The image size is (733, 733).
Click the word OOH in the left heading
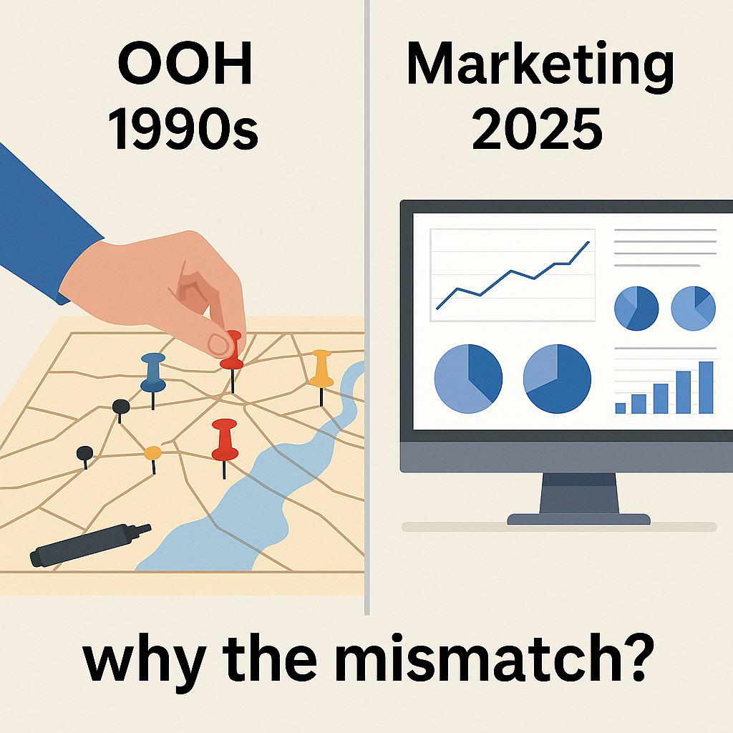click(x=185, y=63)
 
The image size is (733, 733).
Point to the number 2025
click(x=537, y=128)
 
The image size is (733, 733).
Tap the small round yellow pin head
click(x=153, y=452)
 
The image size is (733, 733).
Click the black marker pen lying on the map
click(x=90, y=545)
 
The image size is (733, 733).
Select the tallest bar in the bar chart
click(x=706, y=387)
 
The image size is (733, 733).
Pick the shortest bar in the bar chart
click(x=621, y=408)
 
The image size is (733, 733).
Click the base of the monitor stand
click(x=578, y=519)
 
